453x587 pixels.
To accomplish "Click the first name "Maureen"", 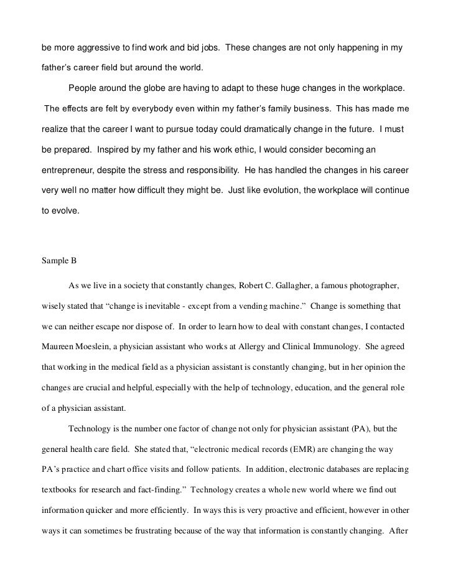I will tap(60, 347).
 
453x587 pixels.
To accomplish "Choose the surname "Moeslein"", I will tap(105, 347).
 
